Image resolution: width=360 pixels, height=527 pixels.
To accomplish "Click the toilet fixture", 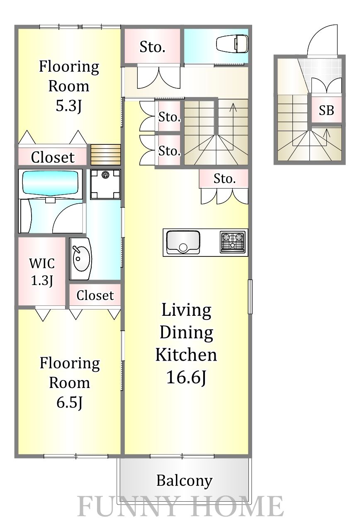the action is click(x=232, y=44).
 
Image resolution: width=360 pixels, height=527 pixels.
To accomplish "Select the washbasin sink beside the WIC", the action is click(x=80, y=259).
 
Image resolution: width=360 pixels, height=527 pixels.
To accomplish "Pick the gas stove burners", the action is click(x=232, y=242).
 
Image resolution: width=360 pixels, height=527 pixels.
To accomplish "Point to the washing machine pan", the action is click(x=105, y=184).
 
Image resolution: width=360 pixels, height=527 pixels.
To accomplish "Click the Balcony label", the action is click(x=184, y=481).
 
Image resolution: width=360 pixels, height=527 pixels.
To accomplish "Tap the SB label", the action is click(x=326, y=110).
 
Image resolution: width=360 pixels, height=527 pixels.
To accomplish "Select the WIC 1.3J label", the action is click(x=42, y=272).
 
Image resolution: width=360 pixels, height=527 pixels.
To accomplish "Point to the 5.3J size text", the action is click(x=68, y=106).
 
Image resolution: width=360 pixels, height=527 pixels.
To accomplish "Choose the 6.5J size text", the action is click(x=69, y=403).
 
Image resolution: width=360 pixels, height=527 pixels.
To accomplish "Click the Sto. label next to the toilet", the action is click(x=152, y=47).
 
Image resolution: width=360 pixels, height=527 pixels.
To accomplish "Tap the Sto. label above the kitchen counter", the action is click(x=224, y=179).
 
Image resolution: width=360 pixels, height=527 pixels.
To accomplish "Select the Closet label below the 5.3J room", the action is click(x=53, y=157).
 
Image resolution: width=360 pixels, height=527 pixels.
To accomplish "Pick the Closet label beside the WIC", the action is click(x=95, y=295).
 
